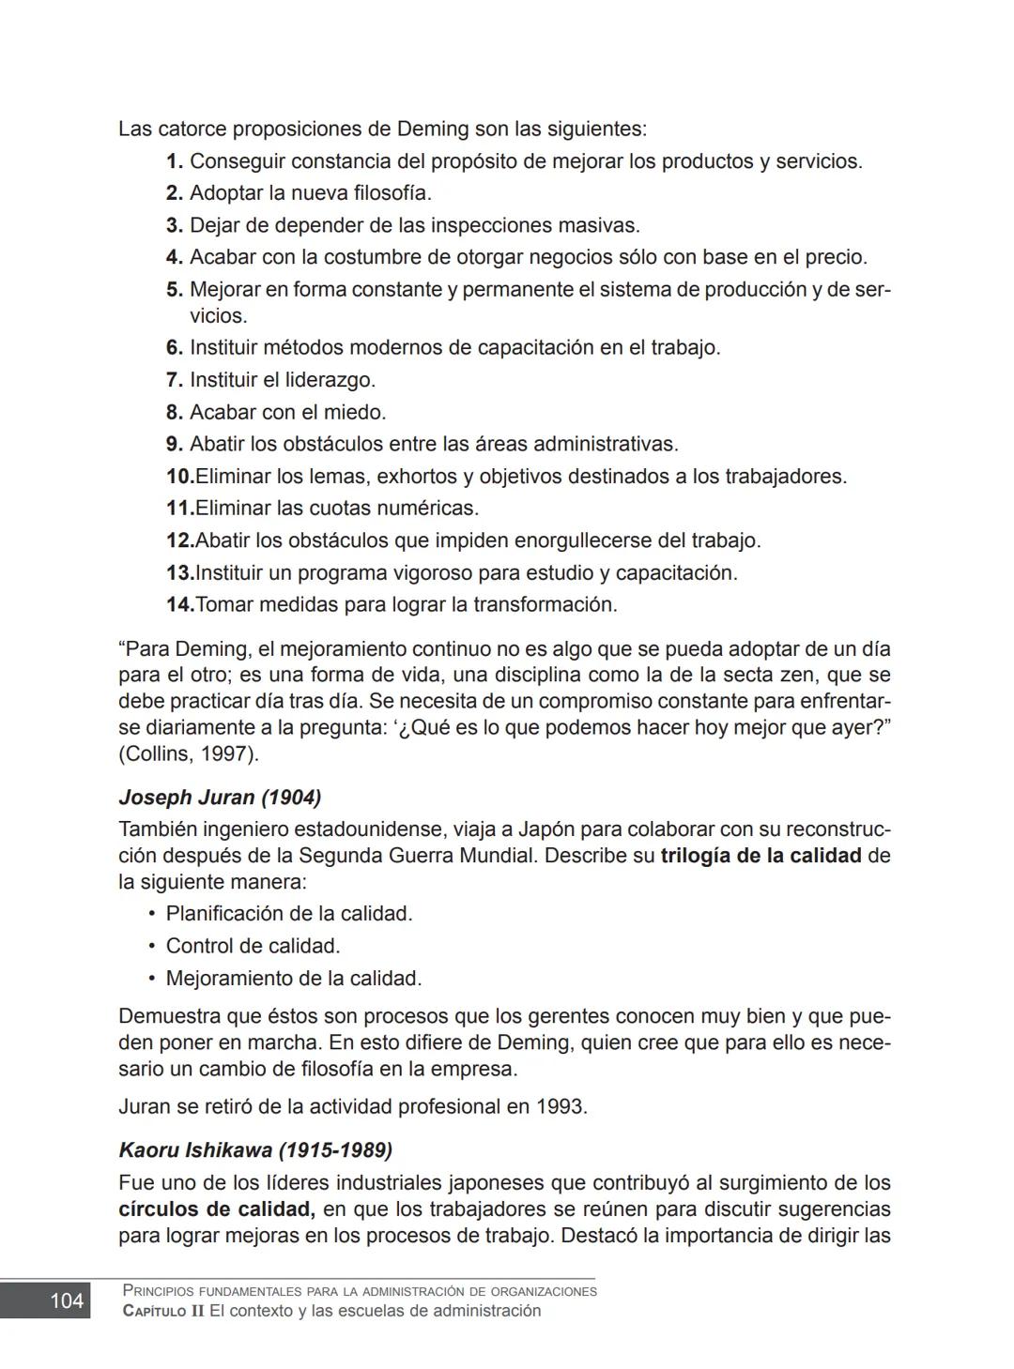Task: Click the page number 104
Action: (x=67, y=1301)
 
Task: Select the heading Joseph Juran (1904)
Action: (x=220, y=798)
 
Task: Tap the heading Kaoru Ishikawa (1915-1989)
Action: (x=255, y=1149)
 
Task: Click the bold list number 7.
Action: (x=175, y=380)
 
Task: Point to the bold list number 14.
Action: (x=179, y=604)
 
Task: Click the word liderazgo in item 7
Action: (x=330, y=380)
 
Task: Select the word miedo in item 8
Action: (x=357, y=412)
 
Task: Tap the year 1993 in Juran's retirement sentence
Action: (x=561, y=1106)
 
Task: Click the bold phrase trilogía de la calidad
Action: (x=760, y=856)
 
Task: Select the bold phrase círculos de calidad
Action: (x=216, y=1209)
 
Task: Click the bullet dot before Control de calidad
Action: (x=151, y=946)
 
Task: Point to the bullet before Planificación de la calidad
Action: (x=151, y=914)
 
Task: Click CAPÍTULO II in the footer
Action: (x=163, y=1311)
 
